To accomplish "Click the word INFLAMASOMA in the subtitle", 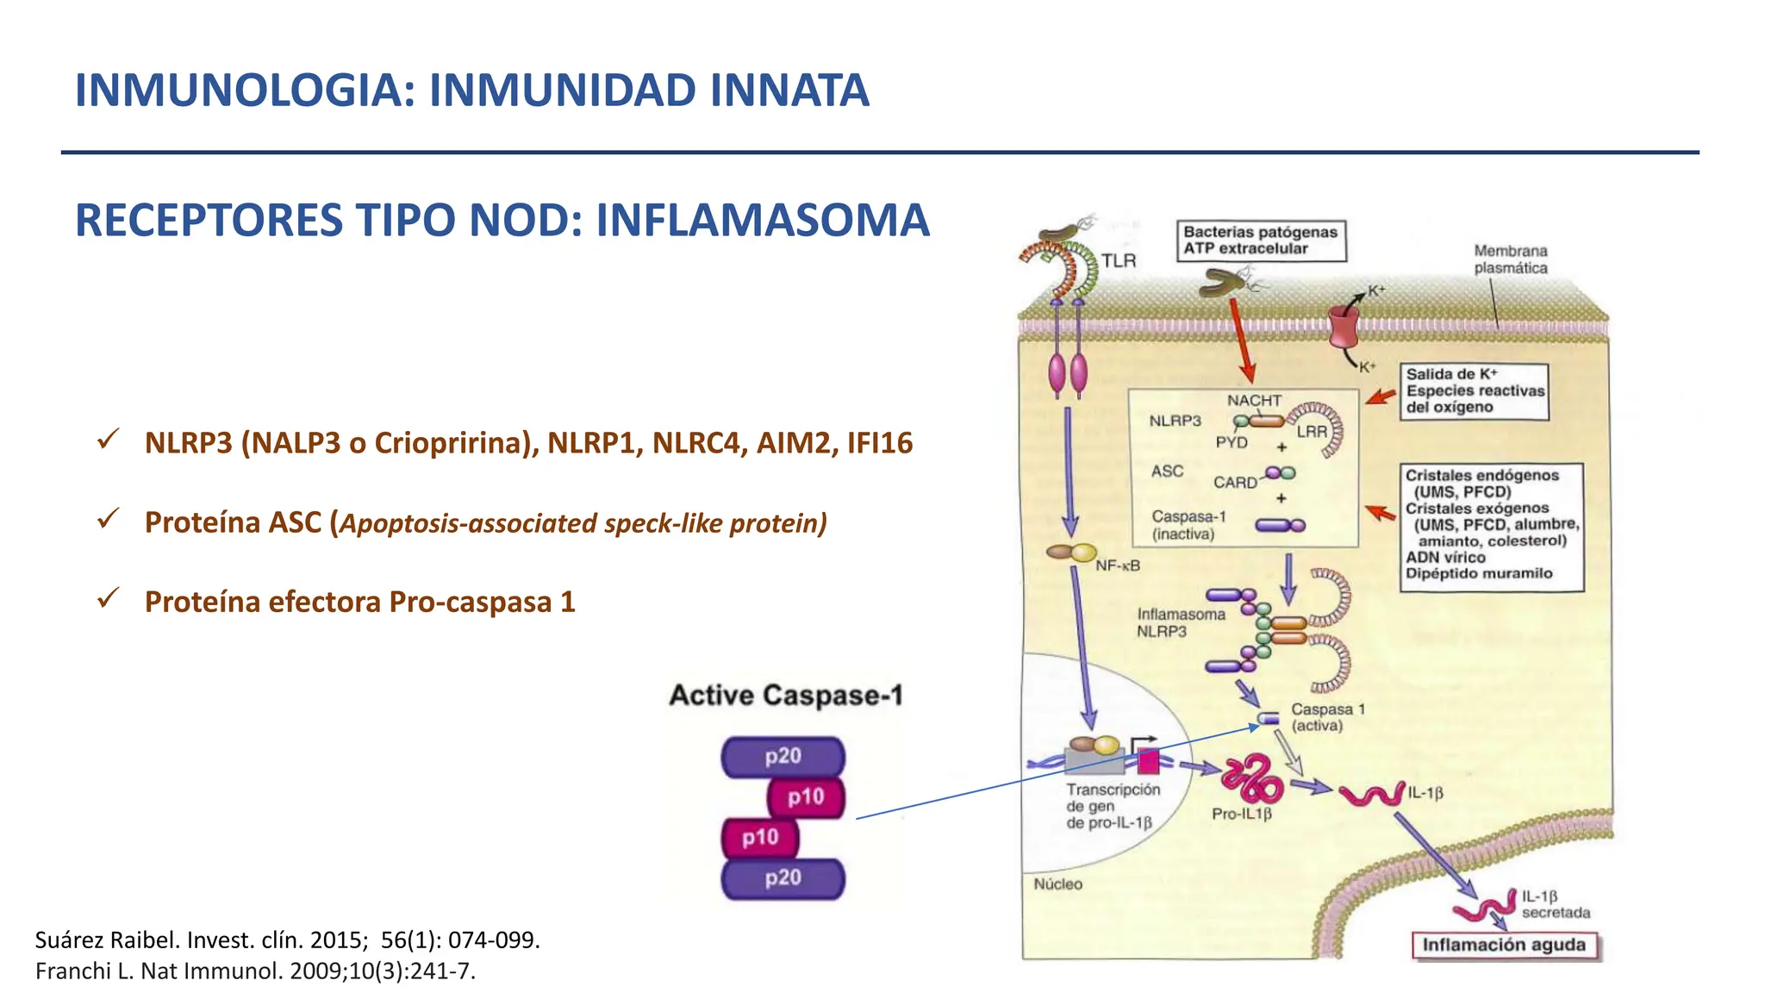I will [x=762, y=221].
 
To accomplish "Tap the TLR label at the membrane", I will [x=1118, y=260].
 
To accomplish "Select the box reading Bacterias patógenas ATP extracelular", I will [x=1260, y=240].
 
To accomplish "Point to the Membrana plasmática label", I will [x=1510, y=259].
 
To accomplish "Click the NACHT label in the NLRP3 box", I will [x=1254, y=401].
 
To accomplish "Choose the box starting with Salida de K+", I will [x=1474, y=391].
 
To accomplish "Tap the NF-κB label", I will [x=1117, y=566].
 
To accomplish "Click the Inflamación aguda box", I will [x=1504, y=945].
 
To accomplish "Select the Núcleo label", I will [x=1057, y=884].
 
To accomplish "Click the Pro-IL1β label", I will [x=1241, y=814].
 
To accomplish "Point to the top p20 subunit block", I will [x=783, y=757].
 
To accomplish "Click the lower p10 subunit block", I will [x=760, y=837].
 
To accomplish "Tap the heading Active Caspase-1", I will [x=786, y=696].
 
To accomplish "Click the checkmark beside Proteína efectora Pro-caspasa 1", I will [x=108, y=598].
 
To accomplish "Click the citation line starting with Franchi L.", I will [x=255, y=971].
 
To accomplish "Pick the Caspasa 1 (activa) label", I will [x=1327, y=717].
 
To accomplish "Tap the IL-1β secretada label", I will [x=1555, y=904].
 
